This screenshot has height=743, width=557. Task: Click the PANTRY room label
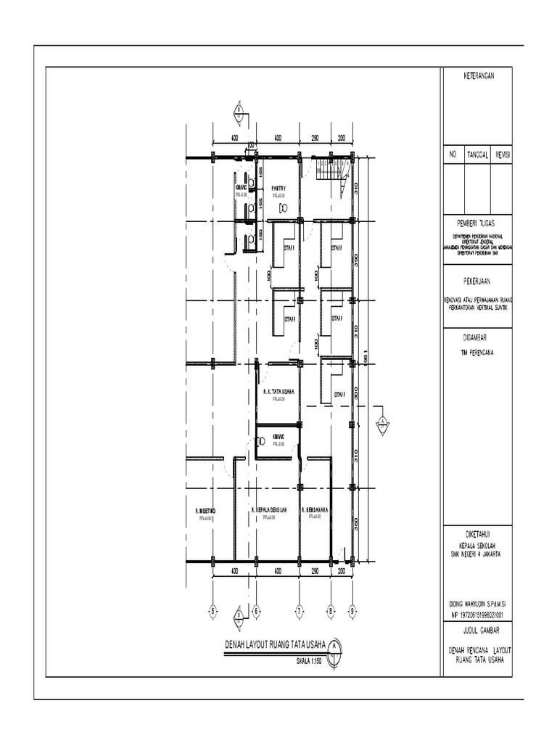[x=279, y=189]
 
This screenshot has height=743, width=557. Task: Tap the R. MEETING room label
[x=205, y=510]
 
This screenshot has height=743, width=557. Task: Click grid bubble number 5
[x=213, y=611]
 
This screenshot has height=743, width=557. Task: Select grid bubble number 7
[x=299, y=611]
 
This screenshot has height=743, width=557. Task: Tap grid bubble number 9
[x=351, y=611]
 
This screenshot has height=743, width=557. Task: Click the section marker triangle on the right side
[x=382, y=424]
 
